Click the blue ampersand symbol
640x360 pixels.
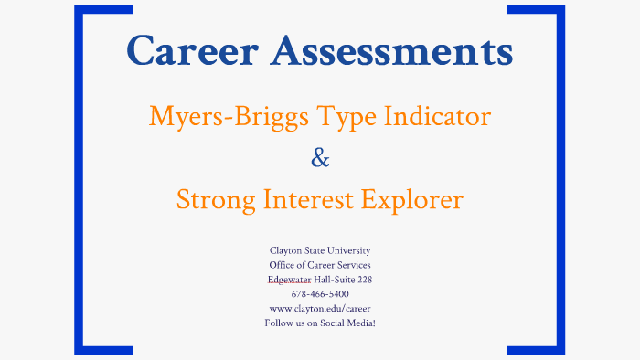click(x=320, y=158)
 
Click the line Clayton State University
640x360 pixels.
click(x=320, y=250)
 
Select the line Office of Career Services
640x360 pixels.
click(x=320, y=265)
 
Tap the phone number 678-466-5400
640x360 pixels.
click(x=320, y=294)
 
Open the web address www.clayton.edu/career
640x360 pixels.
click(x=320, y=309)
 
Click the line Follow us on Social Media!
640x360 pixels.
click(x=320, y=323)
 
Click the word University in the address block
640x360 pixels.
click(x=348, y=250)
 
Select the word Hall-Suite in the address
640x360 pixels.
click(x=333, y=280)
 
